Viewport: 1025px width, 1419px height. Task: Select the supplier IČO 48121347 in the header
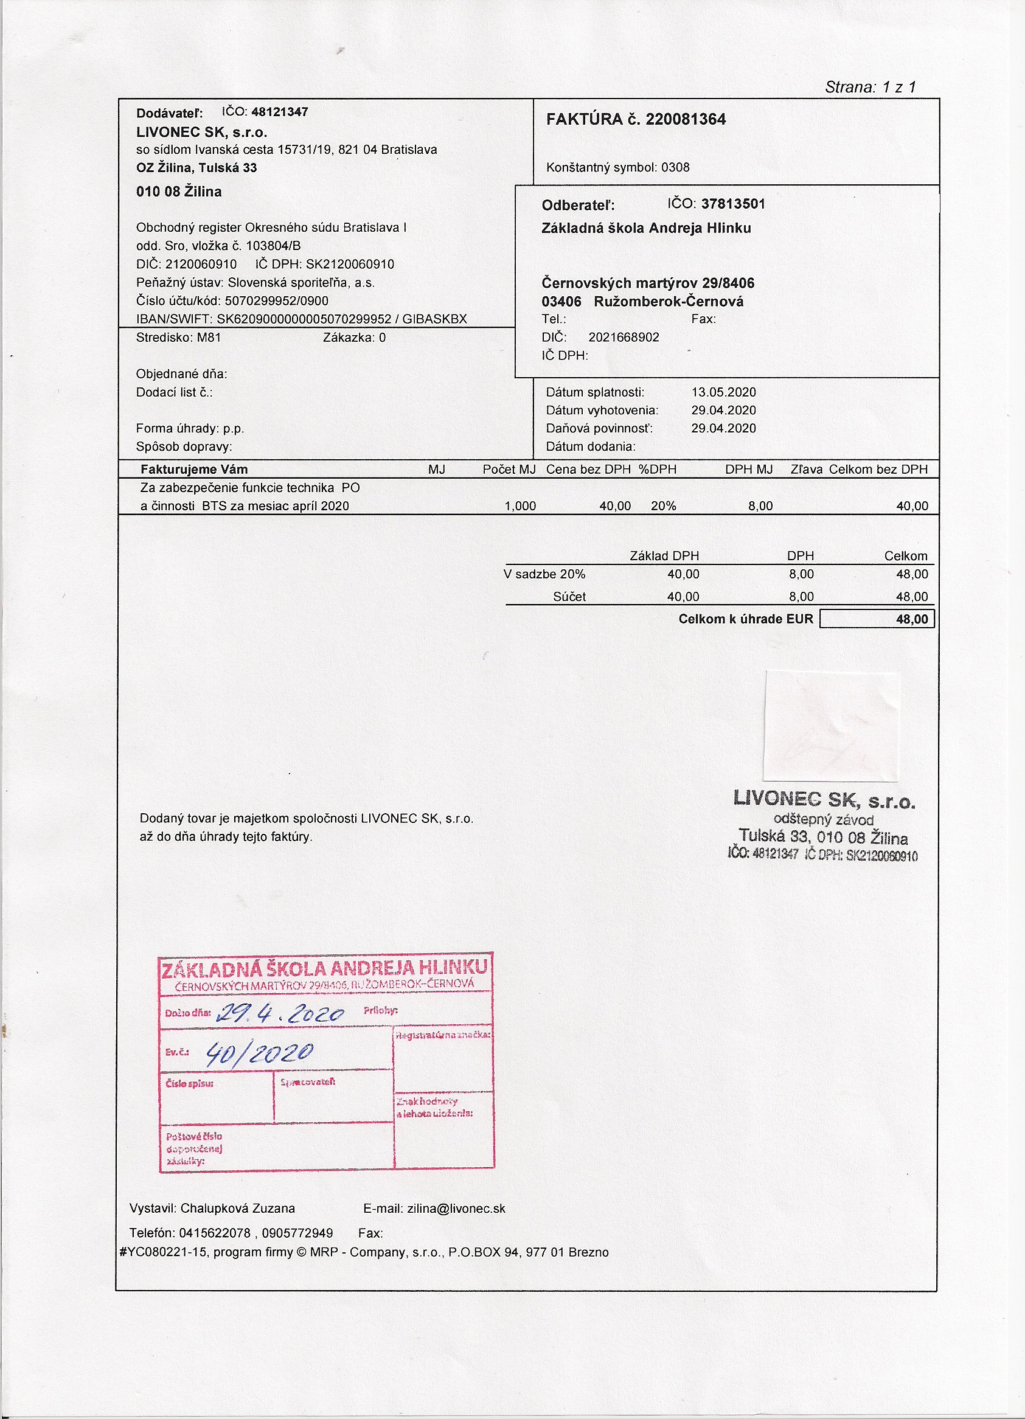tap(279, 112)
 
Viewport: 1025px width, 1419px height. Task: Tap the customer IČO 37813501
tap(733, 204)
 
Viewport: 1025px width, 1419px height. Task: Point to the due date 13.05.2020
tap(723, 392)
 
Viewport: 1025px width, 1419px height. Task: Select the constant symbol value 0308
tap(675, 167)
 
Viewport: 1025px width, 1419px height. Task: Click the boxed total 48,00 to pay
tap(912, 619)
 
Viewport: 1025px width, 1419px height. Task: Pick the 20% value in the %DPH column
tap(663, 505)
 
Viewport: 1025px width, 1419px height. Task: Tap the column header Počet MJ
tap(509, 469)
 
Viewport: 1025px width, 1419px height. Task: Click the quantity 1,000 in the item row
tap(520, 505)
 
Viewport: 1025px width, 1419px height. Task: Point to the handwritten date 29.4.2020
tap(280, 1013)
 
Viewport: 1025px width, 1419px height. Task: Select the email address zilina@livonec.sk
tap(456, 1208)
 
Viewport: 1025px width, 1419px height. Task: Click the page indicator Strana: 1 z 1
tap(870, 87)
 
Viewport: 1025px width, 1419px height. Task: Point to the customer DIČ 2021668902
tap(624, 337)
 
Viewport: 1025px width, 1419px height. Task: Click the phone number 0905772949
tap(297, 1232)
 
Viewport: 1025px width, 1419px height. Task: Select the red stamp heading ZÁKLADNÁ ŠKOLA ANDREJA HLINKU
tap(324, 968)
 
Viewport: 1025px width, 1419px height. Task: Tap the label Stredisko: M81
tap(178, 337)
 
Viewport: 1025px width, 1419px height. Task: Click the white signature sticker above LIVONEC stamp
tap(831, 726)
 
